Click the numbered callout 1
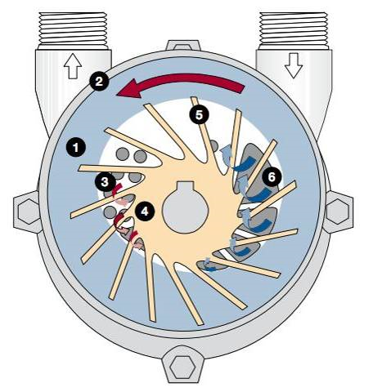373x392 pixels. tap(76, 147)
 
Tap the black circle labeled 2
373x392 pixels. tap(99, 81)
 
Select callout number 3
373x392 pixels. tap(105, 182)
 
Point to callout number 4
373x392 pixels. tap(145, 211)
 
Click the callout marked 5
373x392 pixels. tap(200, 114)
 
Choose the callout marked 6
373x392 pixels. tap(272, 177)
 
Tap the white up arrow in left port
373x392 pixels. tap(73, 66)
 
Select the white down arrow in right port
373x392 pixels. tap(294, 65)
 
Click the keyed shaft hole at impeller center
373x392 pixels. tap(186, 207)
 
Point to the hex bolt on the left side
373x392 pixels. tap(29, 212)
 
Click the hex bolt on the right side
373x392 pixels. tap(338, 212)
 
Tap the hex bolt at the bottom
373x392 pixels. tap(182, 367)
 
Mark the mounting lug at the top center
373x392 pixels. tap(183, 46)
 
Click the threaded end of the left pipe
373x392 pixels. tap(73, 29)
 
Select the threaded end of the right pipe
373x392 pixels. tap(294, 29)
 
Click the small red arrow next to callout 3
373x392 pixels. tap(117, 189)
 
